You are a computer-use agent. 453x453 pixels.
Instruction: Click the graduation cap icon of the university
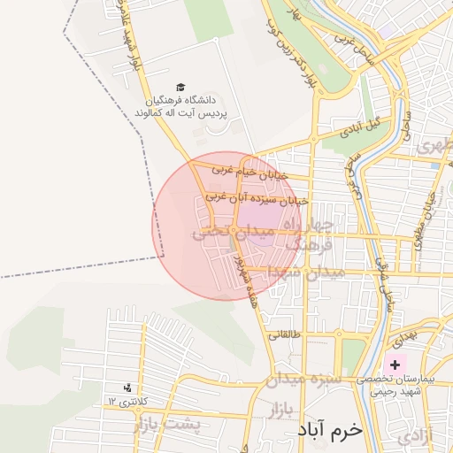tap(180, 88)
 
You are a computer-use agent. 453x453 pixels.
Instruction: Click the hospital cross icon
tap(394, 365)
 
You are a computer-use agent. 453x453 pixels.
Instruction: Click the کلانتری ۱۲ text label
tap(125, 403)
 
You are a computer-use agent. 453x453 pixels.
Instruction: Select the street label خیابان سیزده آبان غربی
tap(257, 200)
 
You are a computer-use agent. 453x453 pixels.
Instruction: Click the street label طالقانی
tap(285, 335)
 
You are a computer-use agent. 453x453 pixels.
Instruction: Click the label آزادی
tap(415, 435)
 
